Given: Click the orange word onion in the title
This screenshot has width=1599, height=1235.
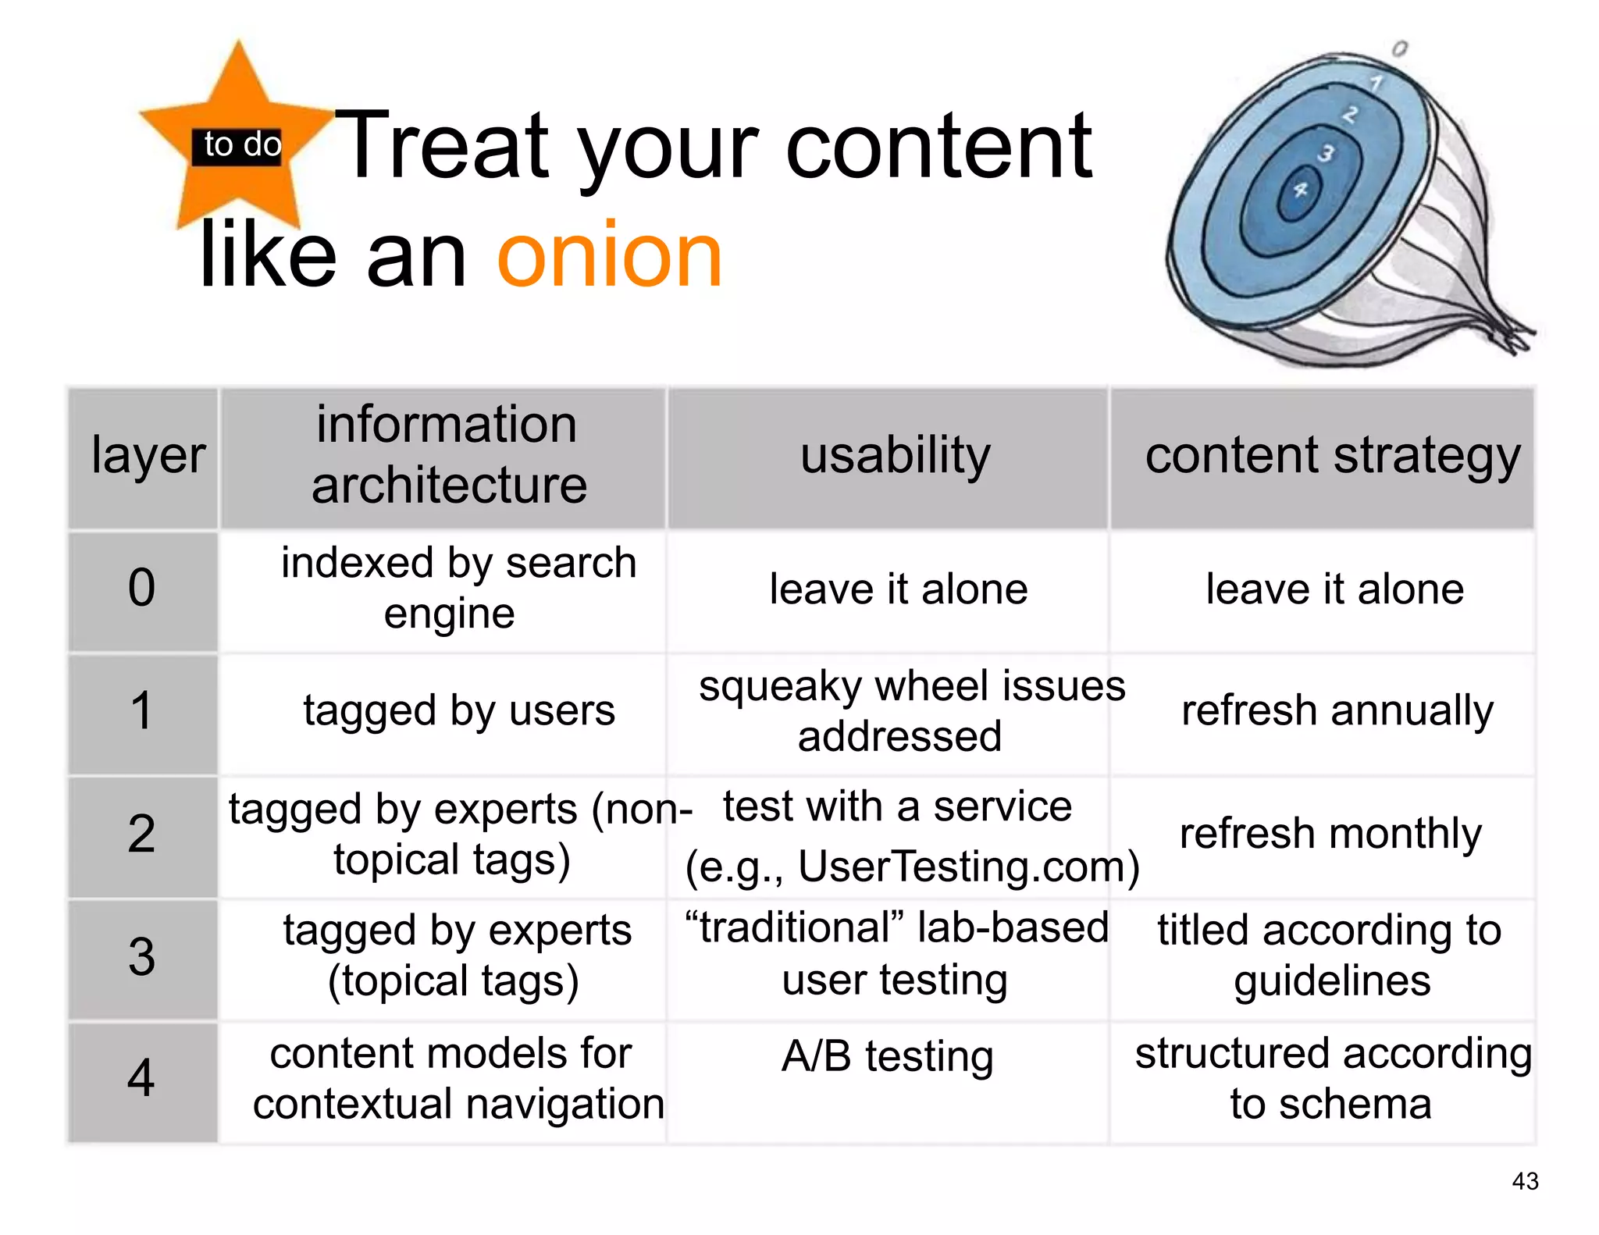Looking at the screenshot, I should tap(610, 256).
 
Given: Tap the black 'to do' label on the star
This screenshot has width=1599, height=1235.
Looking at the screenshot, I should tap(242, 144).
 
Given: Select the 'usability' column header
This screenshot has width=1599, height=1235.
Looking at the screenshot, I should tap(895, 456).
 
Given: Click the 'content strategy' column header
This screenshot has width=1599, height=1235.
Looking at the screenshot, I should tap(1332, 456).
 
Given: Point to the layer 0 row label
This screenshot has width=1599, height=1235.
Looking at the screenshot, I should tap(142, 588).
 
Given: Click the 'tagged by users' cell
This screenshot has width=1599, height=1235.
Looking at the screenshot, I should tap(459, 710).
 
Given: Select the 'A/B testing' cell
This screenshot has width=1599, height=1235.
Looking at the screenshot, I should tap(888, 1056).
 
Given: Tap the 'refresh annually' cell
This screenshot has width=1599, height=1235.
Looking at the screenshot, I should tap(1337, 710).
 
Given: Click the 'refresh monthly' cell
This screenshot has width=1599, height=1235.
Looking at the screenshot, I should tap(1330, 833).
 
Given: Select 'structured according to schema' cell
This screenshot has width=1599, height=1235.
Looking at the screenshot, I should tap(1332, 1078).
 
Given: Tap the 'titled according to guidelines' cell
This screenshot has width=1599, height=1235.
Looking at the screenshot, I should tap(1330, 955).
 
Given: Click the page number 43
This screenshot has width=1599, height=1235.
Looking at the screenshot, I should tap(1525, 1181).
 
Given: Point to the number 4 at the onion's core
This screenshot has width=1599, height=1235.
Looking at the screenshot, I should tap(1300, 190).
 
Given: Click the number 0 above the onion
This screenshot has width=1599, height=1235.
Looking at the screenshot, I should tap(1400, 48).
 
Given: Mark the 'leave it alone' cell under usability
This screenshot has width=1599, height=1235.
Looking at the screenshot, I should tap(898, 589).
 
